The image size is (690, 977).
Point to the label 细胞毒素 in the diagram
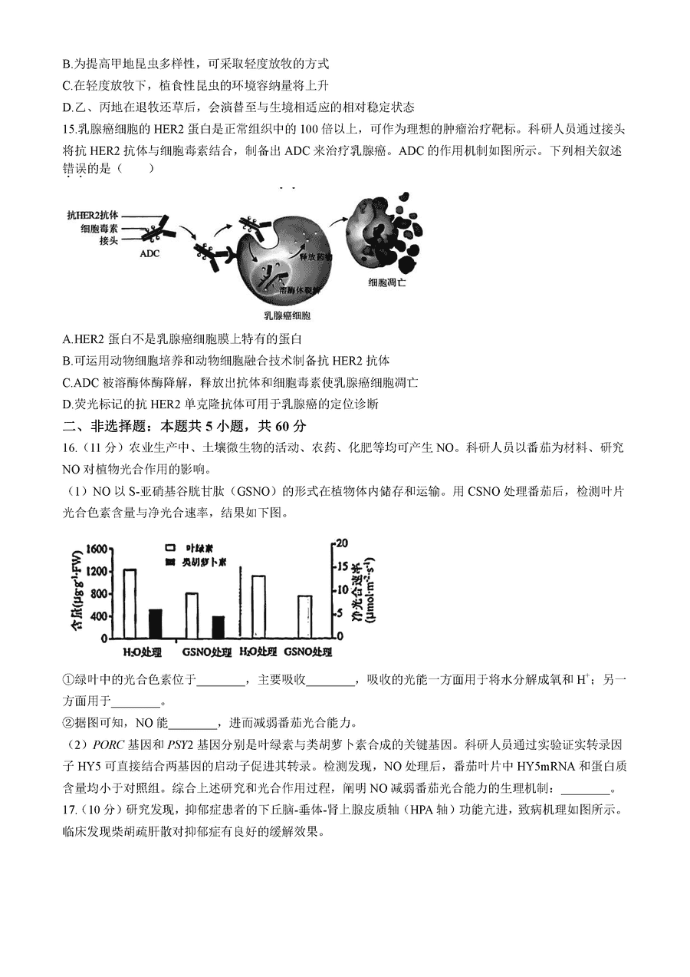(99, 228)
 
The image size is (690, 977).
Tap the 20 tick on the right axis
(342, 543)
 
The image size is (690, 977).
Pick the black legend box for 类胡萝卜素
(172, 562)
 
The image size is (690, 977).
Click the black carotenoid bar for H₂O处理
(155, 623)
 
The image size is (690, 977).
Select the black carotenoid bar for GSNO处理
(219, 626)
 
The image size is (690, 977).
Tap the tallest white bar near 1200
(130, 603)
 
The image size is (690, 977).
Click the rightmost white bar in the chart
(305, 616)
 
